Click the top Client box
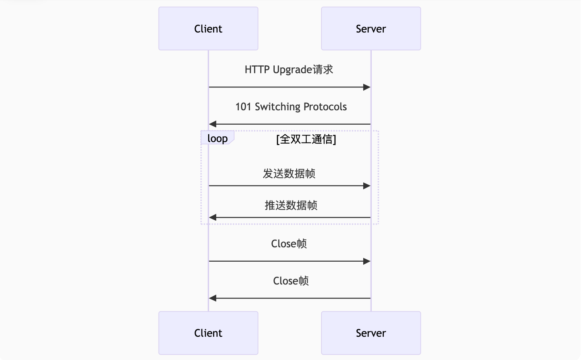(x=208, y=29)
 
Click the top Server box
(x=371, y=29)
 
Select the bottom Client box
(x=208, y=333)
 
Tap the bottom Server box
(x=371, y=333)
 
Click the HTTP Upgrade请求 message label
(x=289, y=70)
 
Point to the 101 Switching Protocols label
(x=291, y=107)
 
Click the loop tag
(x=217, y=138)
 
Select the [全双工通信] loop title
(x=306, y=139)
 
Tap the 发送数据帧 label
(x=289, y=173)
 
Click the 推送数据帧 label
(x=291, y=205)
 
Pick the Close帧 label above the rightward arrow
(x=289, y=244)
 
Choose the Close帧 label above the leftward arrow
(x=291, y=281)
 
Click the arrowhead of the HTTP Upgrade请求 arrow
(x=367, y=87)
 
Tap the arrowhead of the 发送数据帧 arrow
(x=367, y=186)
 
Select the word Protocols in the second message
(x=325, y=107)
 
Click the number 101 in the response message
(x=243, y=107)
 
